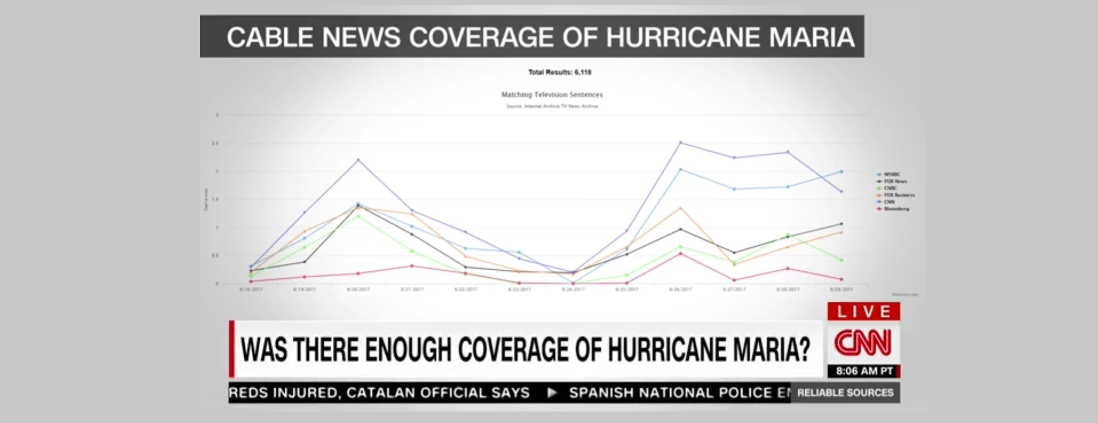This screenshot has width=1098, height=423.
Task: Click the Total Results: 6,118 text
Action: coord(559,72)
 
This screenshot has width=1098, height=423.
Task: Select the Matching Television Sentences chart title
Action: coord(552,95)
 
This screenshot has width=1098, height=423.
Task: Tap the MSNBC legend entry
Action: coord(892,174)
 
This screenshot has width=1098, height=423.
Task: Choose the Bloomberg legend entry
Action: coord(896,209)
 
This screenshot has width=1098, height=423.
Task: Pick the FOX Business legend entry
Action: coord(899,195)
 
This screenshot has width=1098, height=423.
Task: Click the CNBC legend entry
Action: coord(890,188)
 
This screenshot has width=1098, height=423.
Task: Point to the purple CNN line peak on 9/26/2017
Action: coord(680,142)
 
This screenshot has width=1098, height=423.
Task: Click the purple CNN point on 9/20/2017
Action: coord(358,160)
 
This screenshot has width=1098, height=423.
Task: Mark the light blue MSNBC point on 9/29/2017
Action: coord(841,171)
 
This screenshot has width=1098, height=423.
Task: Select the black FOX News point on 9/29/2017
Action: coord(841,224)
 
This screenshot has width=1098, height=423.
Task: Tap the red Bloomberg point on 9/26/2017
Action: coord(680,253)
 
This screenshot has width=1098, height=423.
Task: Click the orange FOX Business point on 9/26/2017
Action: coord(680,207)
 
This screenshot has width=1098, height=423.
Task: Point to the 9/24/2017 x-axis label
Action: coord(573,290)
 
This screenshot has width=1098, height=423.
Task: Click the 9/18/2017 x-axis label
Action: coord(250,290)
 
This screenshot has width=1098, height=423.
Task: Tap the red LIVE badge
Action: coord(864,312)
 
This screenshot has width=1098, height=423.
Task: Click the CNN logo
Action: coord(863,343)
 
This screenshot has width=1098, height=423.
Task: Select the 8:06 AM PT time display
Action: coord(864,372)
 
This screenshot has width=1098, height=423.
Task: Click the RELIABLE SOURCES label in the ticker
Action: coord(845,393)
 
